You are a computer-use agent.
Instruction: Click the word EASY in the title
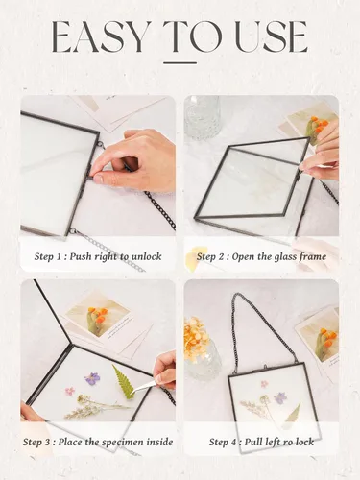[x=102, y=36]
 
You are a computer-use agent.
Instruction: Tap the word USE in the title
[x=272, y=37]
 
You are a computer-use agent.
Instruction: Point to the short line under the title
[x=180, y=63]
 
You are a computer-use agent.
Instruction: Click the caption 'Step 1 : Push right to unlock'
[x=98, y=256]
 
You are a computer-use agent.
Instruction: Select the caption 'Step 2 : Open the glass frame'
[x=261, y=256]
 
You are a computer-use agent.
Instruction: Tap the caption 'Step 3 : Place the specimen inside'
[x=98, y=443]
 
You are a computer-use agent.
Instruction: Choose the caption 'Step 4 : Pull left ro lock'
[x=261, y=443]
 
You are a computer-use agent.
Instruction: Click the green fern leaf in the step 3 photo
[x=124, y=382]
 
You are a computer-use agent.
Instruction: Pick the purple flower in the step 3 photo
[x=92, y=378]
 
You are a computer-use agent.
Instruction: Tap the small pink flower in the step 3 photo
[x=70, y=391]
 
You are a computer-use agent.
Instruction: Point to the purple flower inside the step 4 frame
[x=280, y=398]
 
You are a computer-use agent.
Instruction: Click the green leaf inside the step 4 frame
[x=293, y=413]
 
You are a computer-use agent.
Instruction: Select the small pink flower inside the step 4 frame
[x=264, y=384]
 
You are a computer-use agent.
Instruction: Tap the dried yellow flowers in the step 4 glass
[x=196, y=335]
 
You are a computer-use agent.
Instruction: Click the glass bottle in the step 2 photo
[x=204, y=117]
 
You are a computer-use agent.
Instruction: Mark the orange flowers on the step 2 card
[x=319, y=125]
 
